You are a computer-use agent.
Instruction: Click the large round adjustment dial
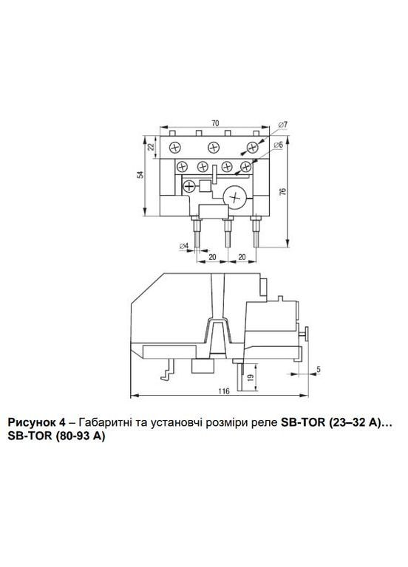click(x=235, y=198)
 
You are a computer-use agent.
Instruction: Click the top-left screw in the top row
click(x=177, y=147)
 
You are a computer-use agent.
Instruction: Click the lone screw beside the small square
click(x=189, y=188)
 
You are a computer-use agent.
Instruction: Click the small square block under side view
click(x=199, y=365)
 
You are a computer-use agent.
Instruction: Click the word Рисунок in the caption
click(x=31, y=422)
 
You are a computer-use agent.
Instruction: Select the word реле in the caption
click(x=265, y=422)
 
